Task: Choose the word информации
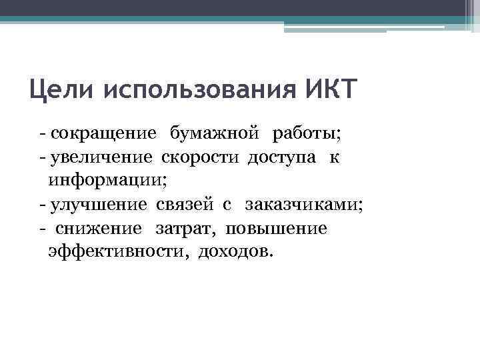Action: pos(105,180)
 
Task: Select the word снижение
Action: pos(99,229)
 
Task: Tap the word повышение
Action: pos(277,229)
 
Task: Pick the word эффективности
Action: pos(110,252)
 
